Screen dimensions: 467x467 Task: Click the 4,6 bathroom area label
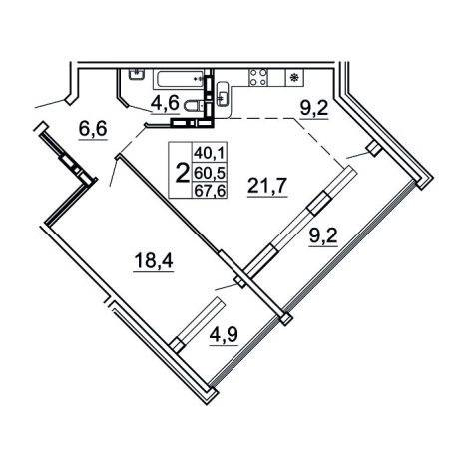coord(165,103)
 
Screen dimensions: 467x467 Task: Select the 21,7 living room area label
coord(267,186)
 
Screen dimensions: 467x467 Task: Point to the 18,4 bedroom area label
coord(153,260)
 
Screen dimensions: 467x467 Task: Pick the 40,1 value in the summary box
coord(210,154)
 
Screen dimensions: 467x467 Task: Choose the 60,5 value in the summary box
coord(210,173)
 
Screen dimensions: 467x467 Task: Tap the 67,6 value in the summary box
coord(210,191)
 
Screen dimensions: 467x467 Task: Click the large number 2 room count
coord(182,173)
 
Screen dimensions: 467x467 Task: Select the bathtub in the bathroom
coord(178,79)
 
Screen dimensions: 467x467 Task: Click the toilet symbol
coord(194,106)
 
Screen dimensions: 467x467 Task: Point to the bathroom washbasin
coord(137,74)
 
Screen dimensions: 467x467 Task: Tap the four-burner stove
coord(258,77)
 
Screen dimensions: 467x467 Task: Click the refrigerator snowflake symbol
coord(294,77)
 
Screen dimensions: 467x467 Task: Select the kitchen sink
coord(223,93)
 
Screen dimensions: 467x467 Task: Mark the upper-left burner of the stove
coord(253,72)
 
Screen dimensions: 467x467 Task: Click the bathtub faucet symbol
coord(198,79)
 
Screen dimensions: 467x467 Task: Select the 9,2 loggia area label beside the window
coord(323,237)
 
